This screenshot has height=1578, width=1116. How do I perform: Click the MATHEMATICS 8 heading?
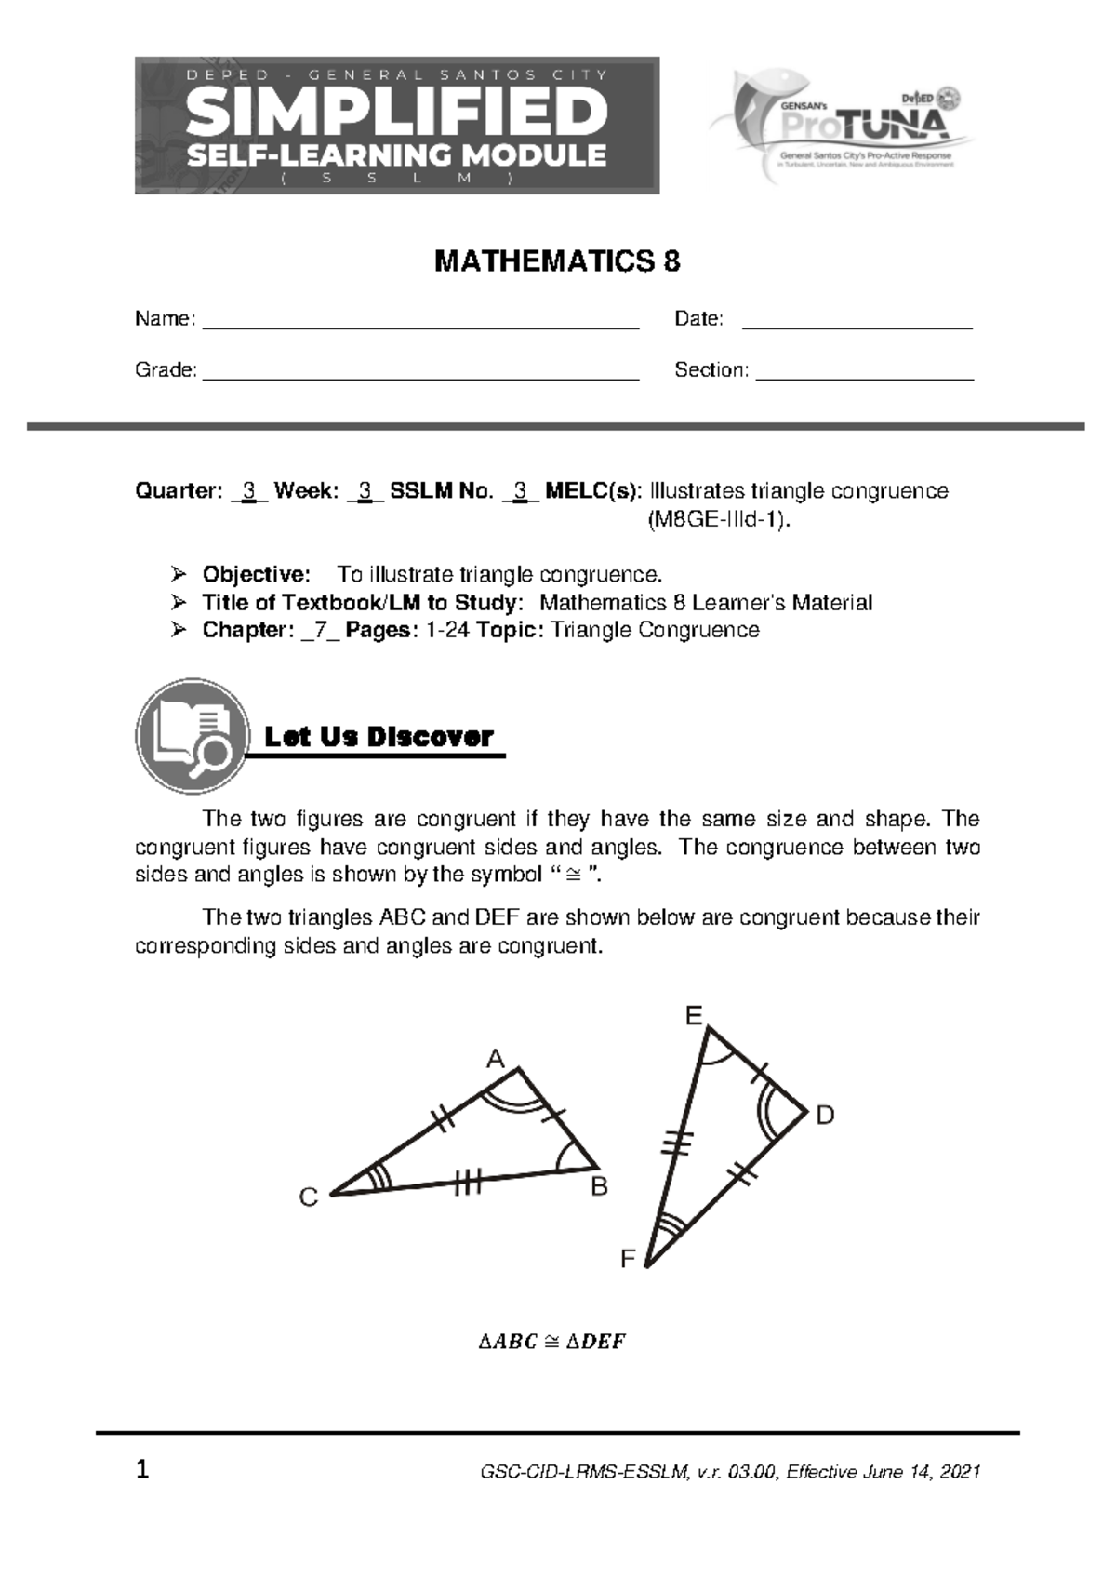click(x=557, y=262)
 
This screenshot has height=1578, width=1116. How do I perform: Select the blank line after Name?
click(x=420, y=325)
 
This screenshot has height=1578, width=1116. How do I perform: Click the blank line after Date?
click(x=857, y=325)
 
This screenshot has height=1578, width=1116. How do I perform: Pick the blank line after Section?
click(x=865, y=376)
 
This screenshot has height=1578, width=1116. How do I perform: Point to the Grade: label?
click(x=166, y=370)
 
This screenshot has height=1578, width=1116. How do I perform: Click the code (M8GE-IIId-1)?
click(x=720, y=520)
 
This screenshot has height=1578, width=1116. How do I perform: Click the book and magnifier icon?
click(x=193, y=736)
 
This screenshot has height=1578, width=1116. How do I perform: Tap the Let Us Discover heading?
click(x=379, y=738)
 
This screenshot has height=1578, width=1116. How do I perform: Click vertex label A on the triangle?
click(x=496, y=1059)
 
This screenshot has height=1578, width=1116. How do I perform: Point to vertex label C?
click(x=309, y=1198)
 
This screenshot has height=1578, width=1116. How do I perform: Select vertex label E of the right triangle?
click(x=694, y=1016)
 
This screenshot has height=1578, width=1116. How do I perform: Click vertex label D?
click(x=825, y=1116)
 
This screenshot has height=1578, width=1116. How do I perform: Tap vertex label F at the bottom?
click(x=628, y=1260)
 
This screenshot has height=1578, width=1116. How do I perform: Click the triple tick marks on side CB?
click(x=468, y=1183)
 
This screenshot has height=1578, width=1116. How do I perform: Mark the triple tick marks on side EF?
click(x=679, y=1142)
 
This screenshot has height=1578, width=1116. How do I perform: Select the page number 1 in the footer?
click(x=142, y=1471)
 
